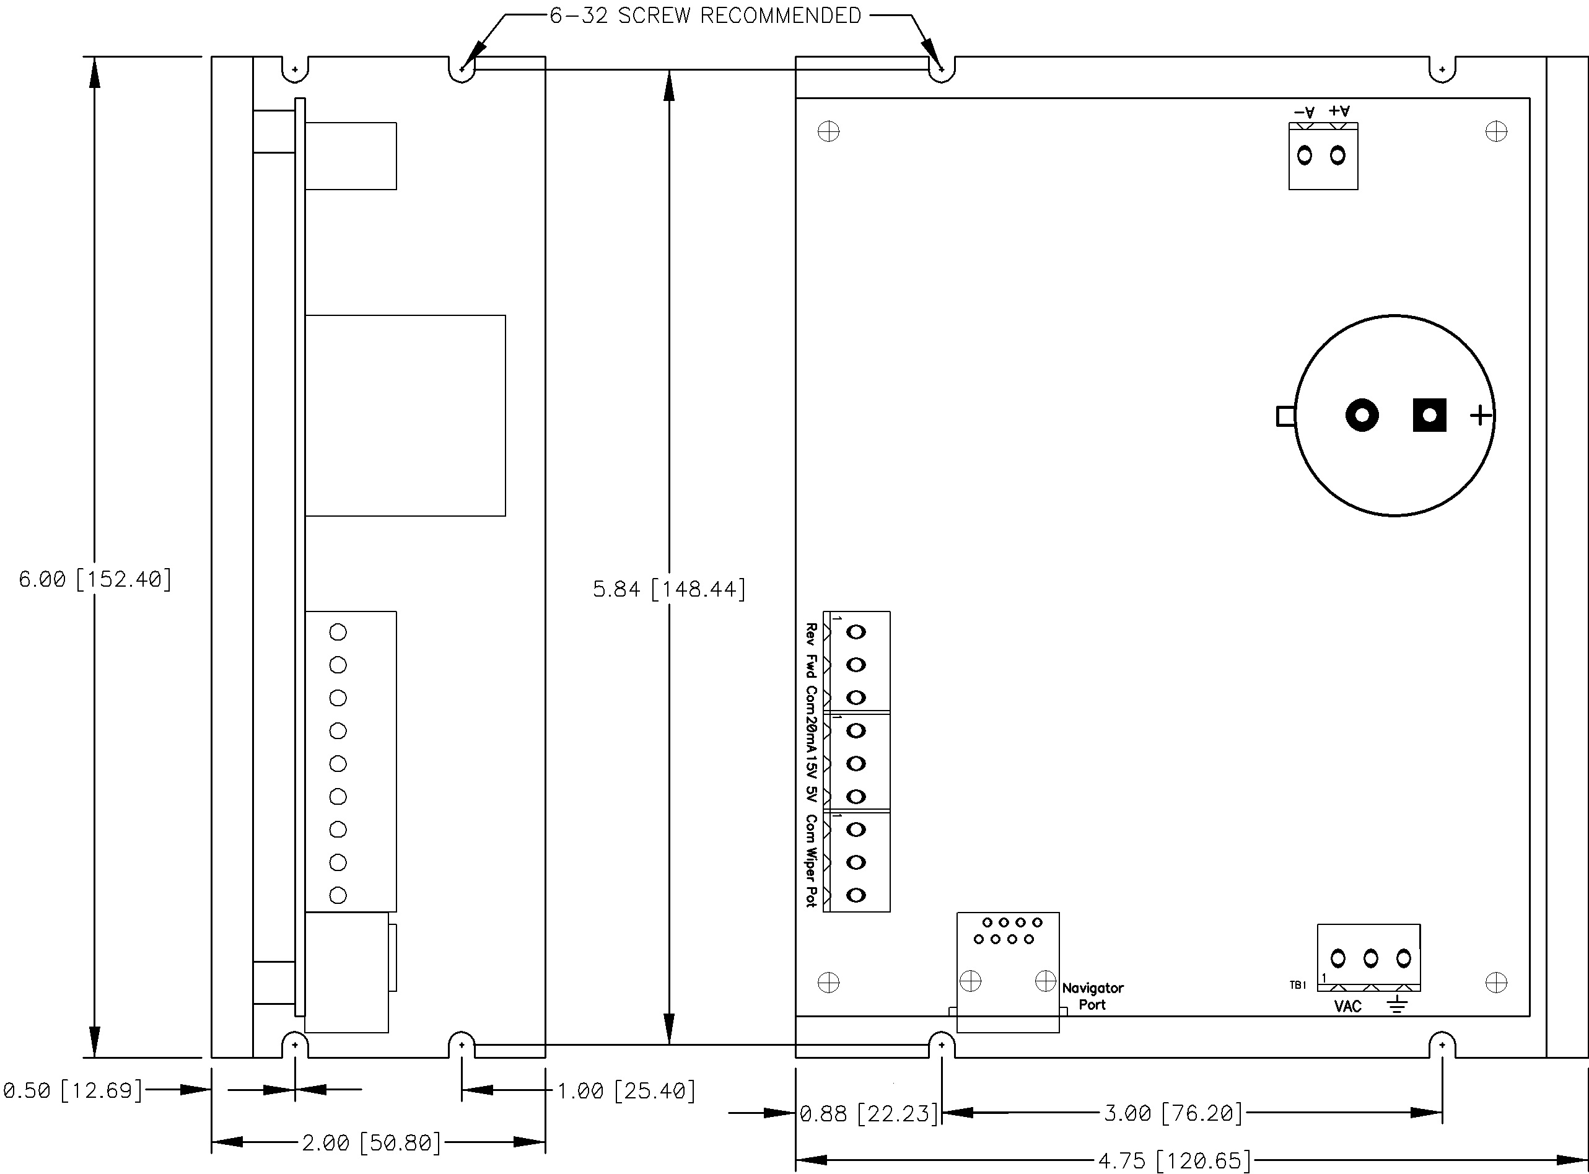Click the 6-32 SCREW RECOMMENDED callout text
coord(705,15)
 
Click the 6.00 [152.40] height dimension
coord(95,579)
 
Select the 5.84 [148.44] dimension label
coord(668,589)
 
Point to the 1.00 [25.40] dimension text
coord(625,1090)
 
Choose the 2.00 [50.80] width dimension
coord(371,1143)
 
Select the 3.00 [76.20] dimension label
coord(1173,1113)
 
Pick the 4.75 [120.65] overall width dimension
coord(1174,1160)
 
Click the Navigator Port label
coord(1092,996)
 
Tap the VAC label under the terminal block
coord(1347,1006)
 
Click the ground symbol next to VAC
coord(1397,1005)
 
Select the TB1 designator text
coord(1298,985)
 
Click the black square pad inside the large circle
coord(1429,415)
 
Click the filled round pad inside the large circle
coord(1362,415)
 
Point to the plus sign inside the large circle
coord(1480,415)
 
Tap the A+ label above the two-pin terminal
coord(1339,111)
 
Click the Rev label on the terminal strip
coord(810,634)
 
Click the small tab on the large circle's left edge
coord(1285,416)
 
